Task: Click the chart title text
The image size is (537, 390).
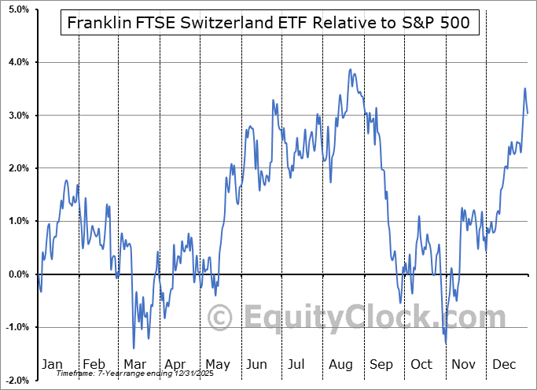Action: [269, 22]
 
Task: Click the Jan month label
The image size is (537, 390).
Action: [51, 364]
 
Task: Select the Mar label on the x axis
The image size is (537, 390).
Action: [134, 364]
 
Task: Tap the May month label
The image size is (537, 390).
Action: [218, 364]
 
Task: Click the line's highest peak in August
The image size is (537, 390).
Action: [351, 70]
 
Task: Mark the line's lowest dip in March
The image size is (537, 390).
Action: [134, 348]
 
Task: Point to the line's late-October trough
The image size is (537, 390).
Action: [446, 343]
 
